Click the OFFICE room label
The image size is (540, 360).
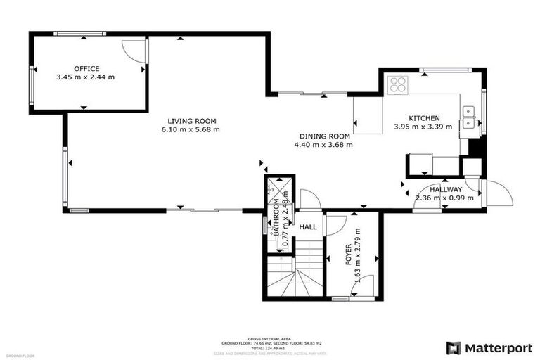(x=85, y=68)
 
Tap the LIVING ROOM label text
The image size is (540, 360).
(x=191, y=120)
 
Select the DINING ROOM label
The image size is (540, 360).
(x=324, y=136)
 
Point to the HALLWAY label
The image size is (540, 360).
(x=446, y=189)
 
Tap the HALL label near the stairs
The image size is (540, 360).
(x=307, y=227)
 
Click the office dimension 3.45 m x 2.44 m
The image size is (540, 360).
(x=85, y=77)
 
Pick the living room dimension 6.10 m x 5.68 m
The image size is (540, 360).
(x=191, y=129)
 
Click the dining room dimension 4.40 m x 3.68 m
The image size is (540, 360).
(x=323, y=145)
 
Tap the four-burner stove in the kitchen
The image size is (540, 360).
(x=398, y=84)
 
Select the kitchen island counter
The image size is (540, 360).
(x=367, y=115)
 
